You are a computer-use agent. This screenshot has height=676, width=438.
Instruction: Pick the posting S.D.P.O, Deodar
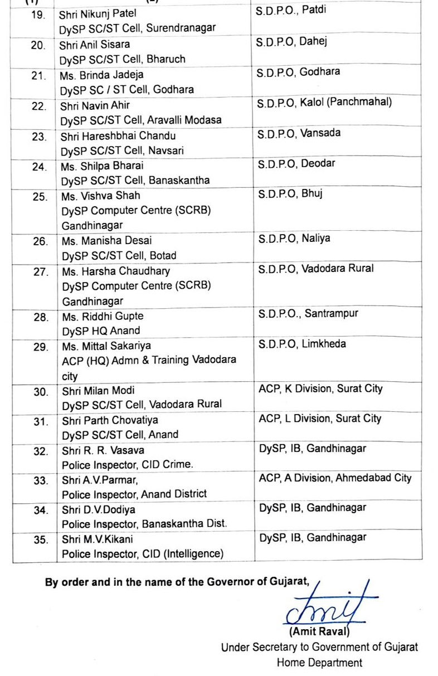294,164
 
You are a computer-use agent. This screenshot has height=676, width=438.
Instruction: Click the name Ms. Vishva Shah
101,196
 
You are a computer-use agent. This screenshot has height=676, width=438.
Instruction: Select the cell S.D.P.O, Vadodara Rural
316,269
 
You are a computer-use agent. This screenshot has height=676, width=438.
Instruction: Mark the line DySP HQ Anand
101,331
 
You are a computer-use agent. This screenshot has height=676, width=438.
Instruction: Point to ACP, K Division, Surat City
320,388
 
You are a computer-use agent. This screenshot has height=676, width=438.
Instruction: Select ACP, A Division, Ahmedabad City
335,478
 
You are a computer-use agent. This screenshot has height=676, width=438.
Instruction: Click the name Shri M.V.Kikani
98,539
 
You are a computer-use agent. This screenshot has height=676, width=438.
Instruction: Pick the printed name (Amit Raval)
319,632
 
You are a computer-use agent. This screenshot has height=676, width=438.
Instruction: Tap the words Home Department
319,663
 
